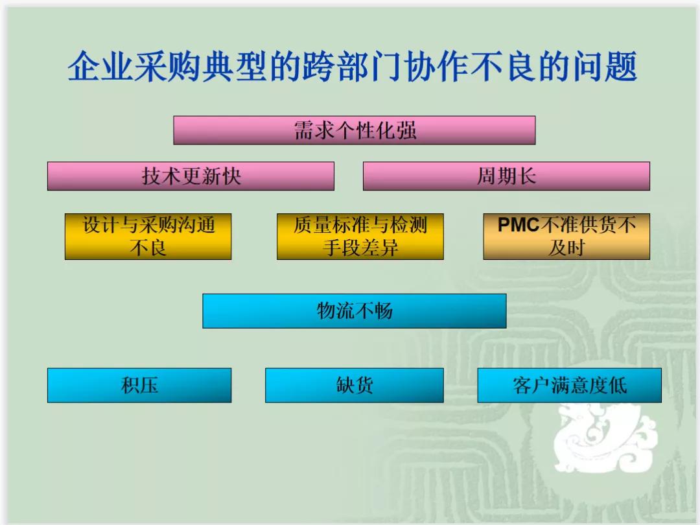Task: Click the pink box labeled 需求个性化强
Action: click(x=354, y=130)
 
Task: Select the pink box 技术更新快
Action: click(x=191, y=176)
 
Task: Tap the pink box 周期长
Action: click(x=506, y=176)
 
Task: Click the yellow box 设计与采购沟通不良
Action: click(x=148, y=237)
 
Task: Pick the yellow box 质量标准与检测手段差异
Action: click(x=360, y=237)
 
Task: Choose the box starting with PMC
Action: click(x=566, y=237)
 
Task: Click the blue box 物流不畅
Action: click(x=354, y=311)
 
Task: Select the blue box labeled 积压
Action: click(x=139, y=386)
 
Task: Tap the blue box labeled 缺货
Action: click(x=354, y=386)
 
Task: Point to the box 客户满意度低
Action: click(x=569, y=386)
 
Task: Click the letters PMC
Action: click(x=519, y=225)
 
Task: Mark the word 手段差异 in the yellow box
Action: click(x=360, y=248)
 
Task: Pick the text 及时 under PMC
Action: click(x=566, y=248)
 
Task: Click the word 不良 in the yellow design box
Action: click(x=148, y=248)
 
